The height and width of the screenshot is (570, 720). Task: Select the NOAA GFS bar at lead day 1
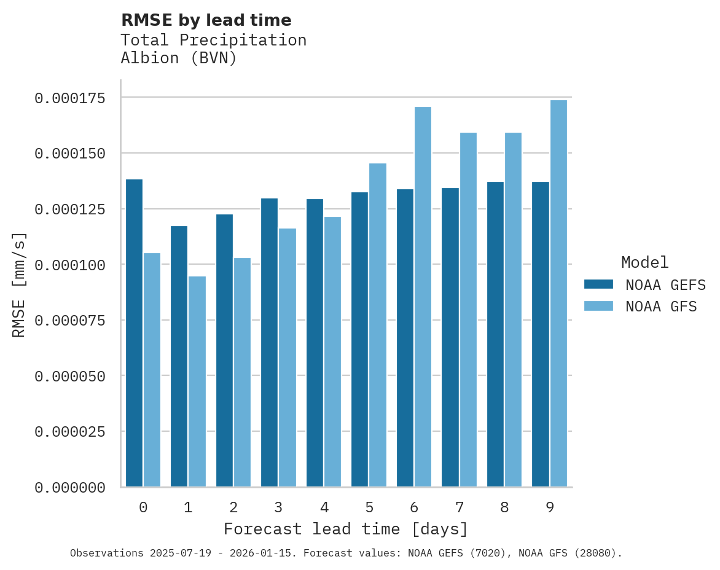[197, 381]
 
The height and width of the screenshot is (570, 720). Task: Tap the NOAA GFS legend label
[661, 306]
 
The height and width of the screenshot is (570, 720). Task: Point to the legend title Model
[644, 262]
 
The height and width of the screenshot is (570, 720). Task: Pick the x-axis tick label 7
[460, 507]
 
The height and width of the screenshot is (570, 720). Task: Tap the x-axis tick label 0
[143, 507]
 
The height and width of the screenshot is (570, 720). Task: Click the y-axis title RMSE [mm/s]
[19, 284]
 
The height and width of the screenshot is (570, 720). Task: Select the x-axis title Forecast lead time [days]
[346, 529]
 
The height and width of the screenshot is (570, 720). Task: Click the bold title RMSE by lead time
[206, 20]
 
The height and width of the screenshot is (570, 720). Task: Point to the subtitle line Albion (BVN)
[178, 58]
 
